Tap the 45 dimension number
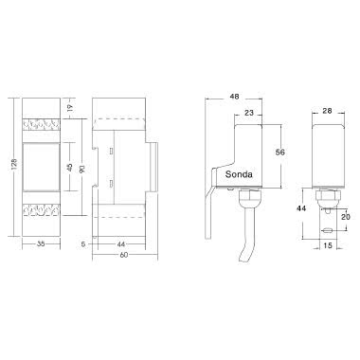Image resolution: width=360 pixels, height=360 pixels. click(68, 167)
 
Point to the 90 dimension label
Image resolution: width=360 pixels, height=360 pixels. click(81, 168)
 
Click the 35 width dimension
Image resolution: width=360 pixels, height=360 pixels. click(41, 243)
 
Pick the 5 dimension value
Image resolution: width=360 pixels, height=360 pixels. click(85, 244)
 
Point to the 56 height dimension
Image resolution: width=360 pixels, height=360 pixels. click(280, 153)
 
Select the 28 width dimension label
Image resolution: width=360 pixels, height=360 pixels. click(327, 112)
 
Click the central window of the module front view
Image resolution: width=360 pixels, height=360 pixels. click(42, 167)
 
